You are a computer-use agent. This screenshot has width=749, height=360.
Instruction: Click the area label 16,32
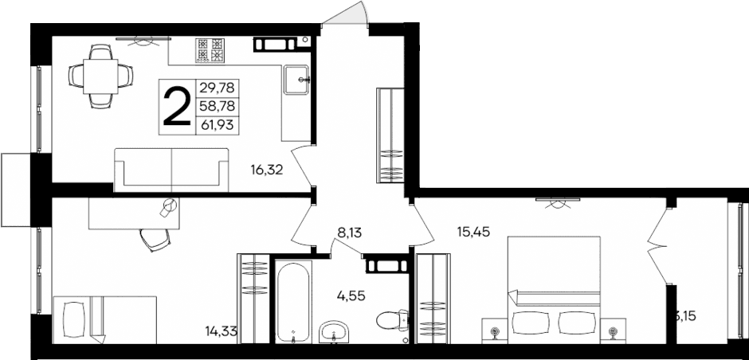coord(267,169)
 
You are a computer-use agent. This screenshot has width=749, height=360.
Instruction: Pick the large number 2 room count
coord(176,106)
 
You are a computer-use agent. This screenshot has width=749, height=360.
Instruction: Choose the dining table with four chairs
coord(100,75)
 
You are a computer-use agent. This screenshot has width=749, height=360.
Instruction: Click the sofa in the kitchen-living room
coord(171,169)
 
